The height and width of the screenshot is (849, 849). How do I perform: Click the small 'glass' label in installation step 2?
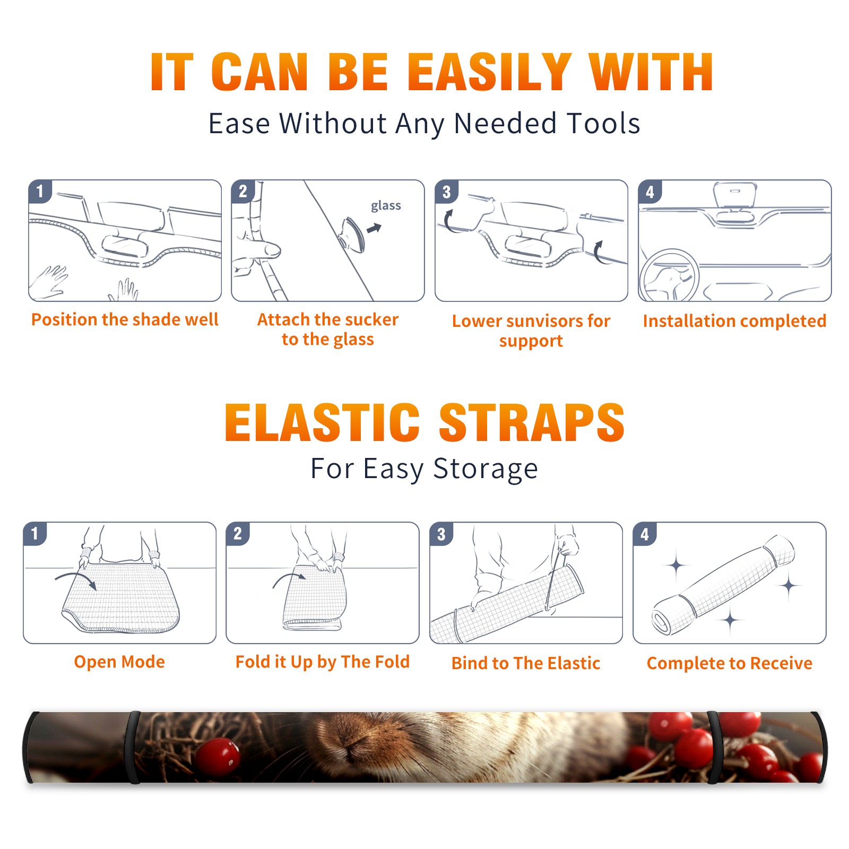pos(386,206)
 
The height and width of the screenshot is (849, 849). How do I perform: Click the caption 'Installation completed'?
pos(734,321)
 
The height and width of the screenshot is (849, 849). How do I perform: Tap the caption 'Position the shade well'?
pos(125,319)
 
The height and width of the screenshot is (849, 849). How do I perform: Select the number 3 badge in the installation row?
pos(446,192)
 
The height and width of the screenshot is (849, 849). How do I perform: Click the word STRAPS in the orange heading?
pos(532,422)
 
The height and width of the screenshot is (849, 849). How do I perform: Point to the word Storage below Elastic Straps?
pos(486,469)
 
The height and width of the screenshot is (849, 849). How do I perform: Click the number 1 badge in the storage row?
pos(35,533)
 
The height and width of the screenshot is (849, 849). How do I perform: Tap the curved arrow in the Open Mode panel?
pos(76,579)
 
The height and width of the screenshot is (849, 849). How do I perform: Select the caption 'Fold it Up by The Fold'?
pos(323,662)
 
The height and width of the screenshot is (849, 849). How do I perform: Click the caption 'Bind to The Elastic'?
pos(526,663)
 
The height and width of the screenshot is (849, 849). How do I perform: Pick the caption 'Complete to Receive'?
pos(730,663)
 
